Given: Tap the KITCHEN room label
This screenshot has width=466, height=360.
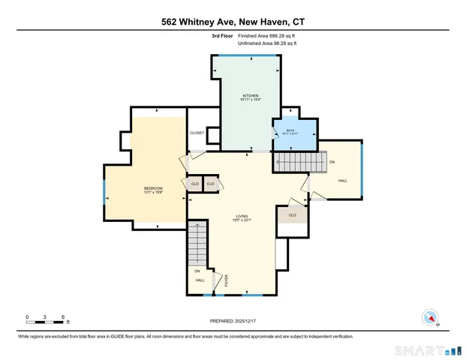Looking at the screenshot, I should [x=250, y=96].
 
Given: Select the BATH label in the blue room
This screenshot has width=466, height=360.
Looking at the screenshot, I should [x=291, y=130].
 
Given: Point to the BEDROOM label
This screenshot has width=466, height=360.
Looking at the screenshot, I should [x=153, y=187].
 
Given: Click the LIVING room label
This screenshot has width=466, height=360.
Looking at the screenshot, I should [x=241, y=216].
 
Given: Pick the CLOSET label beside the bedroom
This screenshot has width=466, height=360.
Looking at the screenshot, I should [x=197, y=133].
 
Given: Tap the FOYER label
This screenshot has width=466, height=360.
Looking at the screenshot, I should [x=227, y=281].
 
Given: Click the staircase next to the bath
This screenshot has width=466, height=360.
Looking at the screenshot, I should [x=298, y=162].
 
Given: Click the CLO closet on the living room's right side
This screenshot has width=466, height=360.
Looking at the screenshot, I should [x=292, y=216].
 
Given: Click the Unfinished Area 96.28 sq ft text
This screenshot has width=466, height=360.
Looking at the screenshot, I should [x=267, y=44].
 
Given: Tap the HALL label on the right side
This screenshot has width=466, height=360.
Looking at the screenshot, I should [x=342, y=181].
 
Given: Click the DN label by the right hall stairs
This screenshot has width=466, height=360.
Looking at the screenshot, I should [x=332, y=162].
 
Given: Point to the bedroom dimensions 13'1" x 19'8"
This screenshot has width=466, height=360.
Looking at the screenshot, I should [x=153, y=193].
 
